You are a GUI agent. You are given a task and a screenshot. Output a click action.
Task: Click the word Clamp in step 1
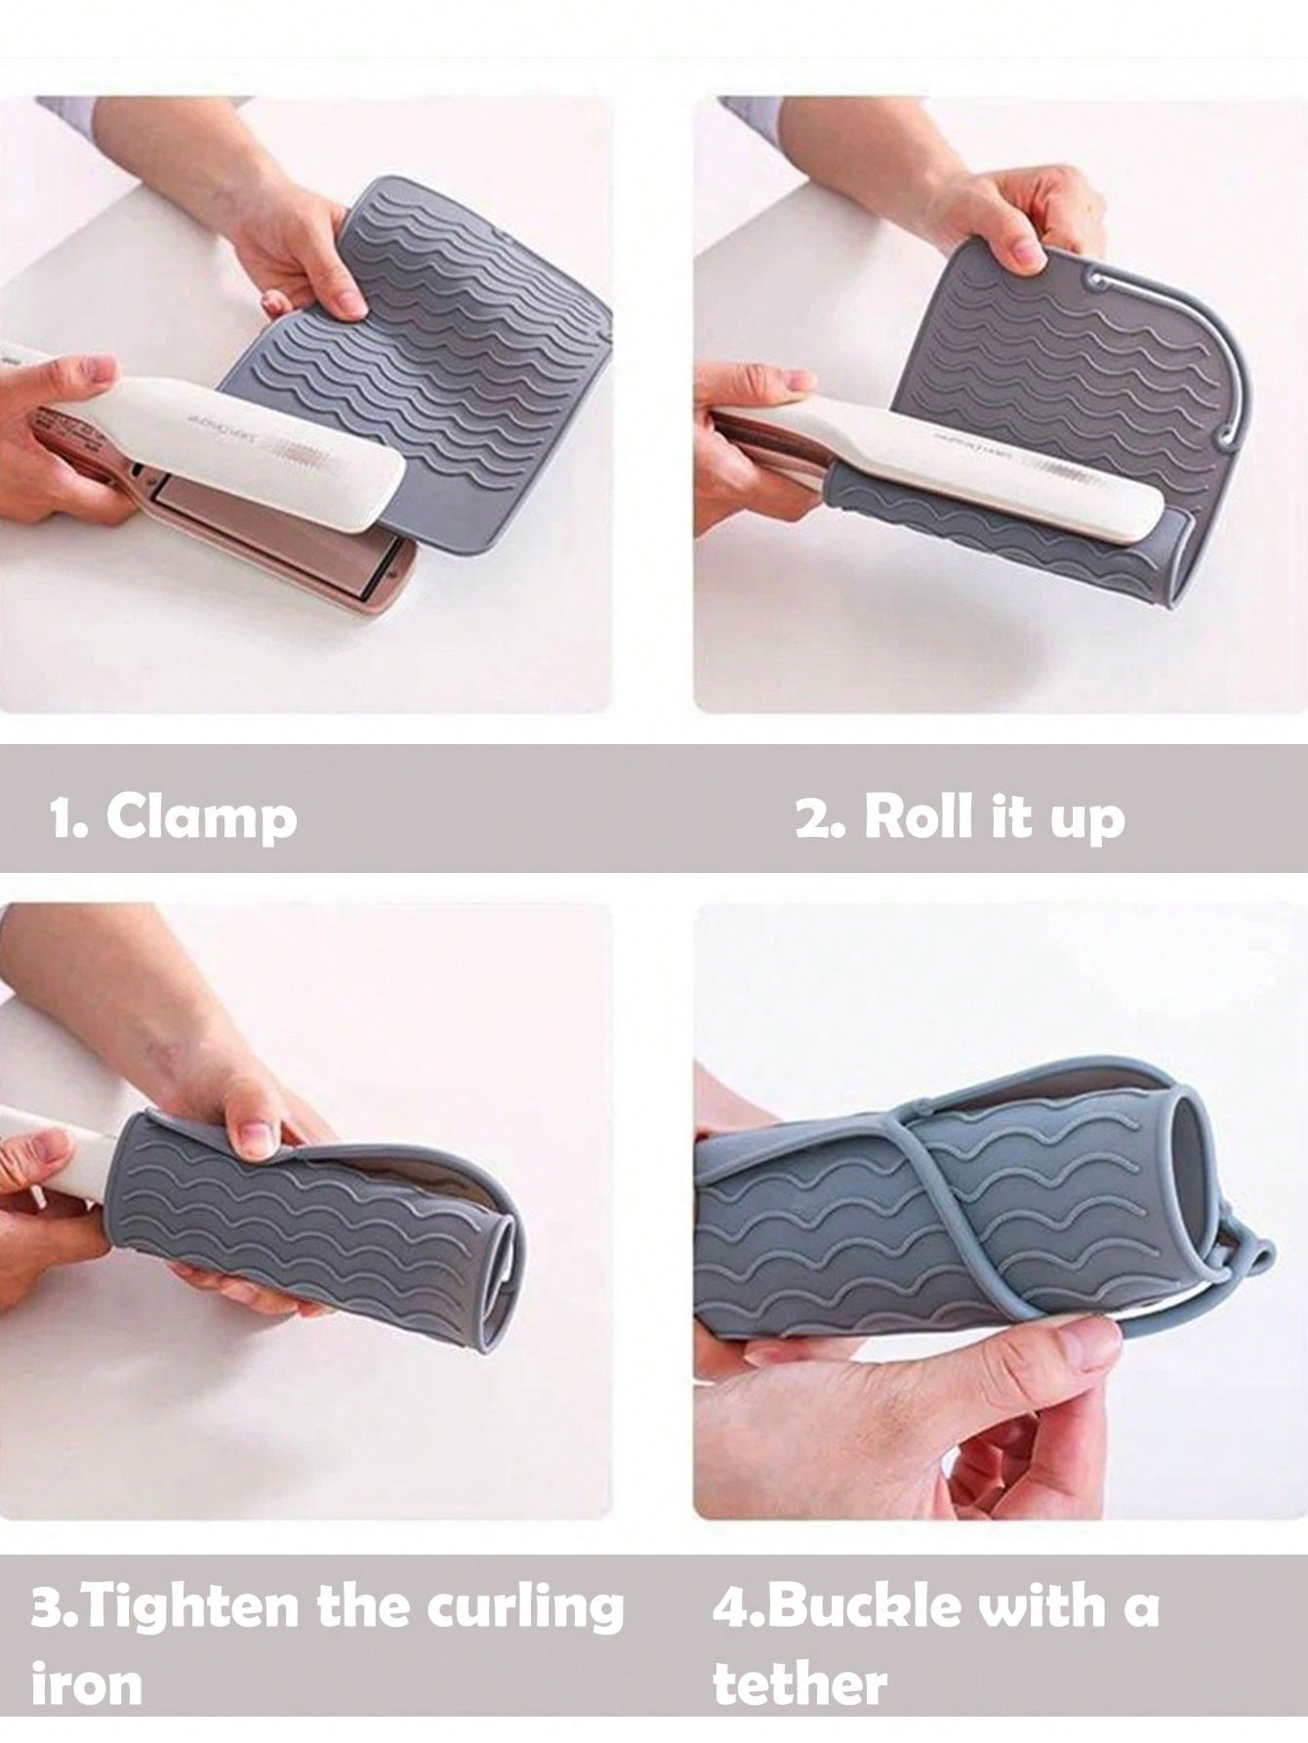point(201,815)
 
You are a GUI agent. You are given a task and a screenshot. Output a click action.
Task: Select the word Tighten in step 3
point(202,1609)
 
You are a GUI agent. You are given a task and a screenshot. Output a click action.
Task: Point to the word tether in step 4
point(799,1683)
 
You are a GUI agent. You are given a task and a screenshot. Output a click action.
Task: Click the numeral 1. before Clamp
point(69,817)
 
